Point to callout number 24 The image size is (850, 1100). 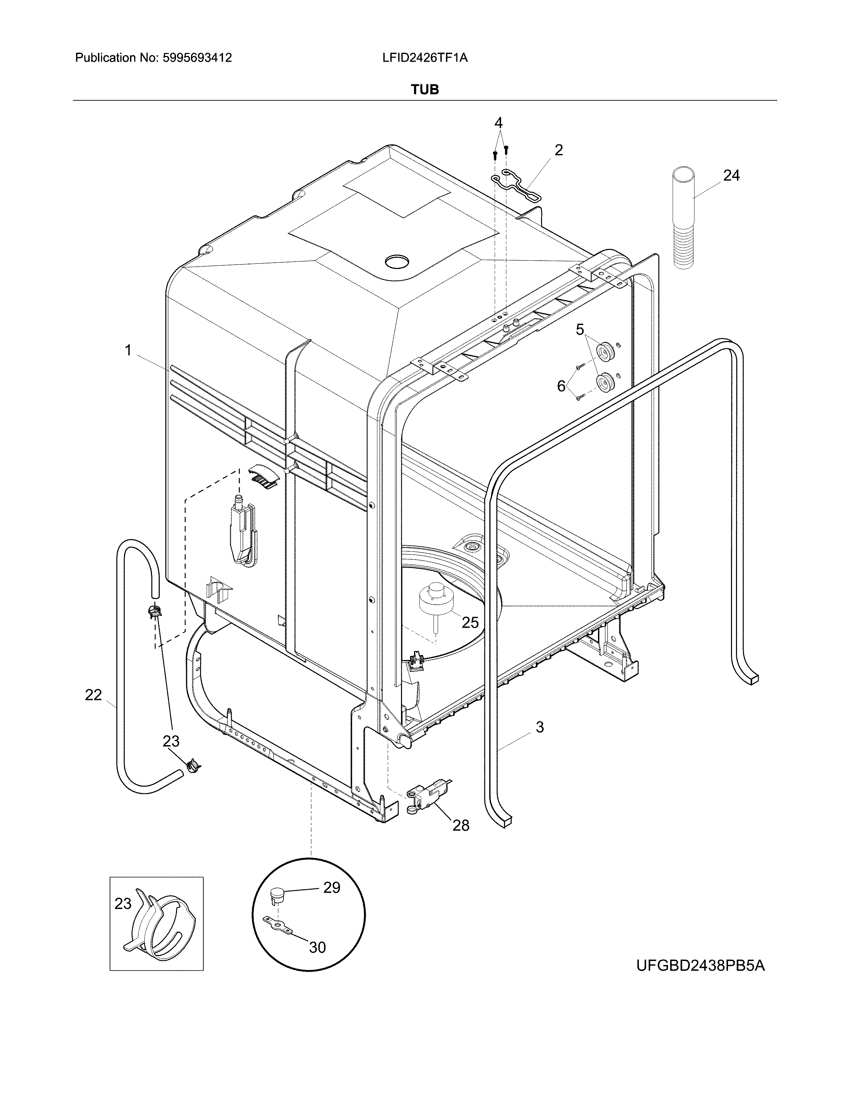[x=731, y=175]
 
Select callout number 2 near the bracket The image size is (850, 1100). [x=558, y=150]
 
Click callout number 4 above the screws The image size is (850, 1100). [x=498, y=123]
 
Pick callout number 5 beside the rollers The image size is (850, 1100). [x=580, y=330]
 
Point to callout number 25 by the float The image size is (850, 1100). [x=470, y=623]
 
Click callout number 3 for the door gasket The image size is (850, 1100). [x=540, y=727]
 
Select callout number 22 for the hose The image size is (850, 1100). [x=94, y=695]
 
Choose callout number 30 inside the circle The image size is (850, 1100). [x=317, y=947]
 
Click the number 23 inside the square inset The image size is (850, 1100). [x=123, y=918]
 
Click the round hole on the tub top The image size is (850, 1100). [x=397, y=261]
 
